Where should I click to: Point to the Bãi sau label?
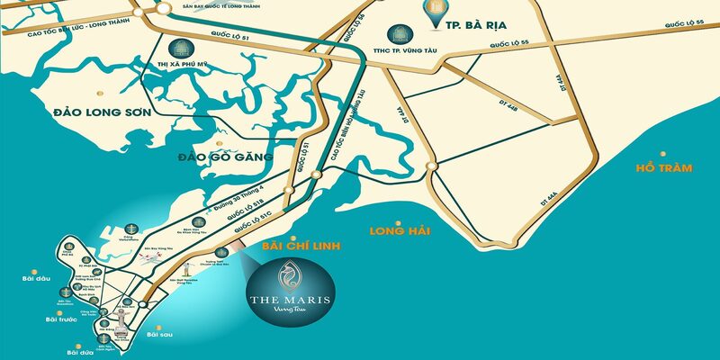[x=158, y=335]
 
